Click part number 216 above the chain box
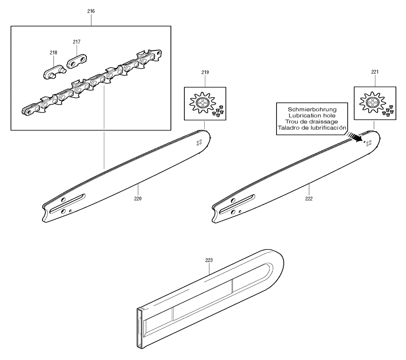91,11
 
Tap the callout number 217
77,42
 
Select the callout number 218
53,52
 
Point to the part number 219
205,72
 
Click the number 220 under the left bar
138,199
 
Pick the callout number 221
375,72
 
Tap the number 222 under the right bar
309,199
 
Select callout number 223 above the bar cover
209,260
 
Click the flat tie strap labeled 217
77,61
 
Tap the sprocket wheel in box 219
202,103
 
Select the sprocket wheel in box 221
372,102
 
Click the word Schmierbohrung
312,110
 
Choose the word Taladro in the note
287,128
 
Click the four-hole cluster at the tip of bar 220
199,143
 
